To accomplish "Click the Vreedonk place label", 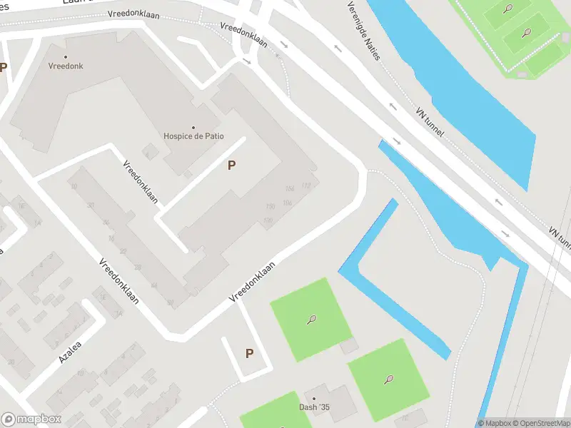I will (66, 66).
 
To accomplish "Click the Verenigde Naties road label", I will (363, 30).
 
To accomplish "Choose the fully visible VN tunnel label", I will (430, 123).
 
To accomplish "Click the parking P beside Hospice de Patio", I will (231, 165).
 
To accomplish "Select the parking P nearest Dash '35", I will (249, 353).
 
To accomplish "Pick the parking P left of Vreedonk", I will (4, 68).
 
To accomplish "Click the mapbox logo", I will (31, 419).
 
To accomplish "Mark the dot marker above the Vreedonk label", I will (66, 56).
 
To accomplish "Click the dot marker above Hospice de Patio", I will (193, 126).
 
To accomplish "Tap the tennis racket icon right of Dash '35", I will (389, 379).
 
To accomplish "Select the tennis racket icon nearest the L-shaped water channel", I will (311, 320).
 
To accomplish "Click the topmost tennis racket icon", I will (507, 9).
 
